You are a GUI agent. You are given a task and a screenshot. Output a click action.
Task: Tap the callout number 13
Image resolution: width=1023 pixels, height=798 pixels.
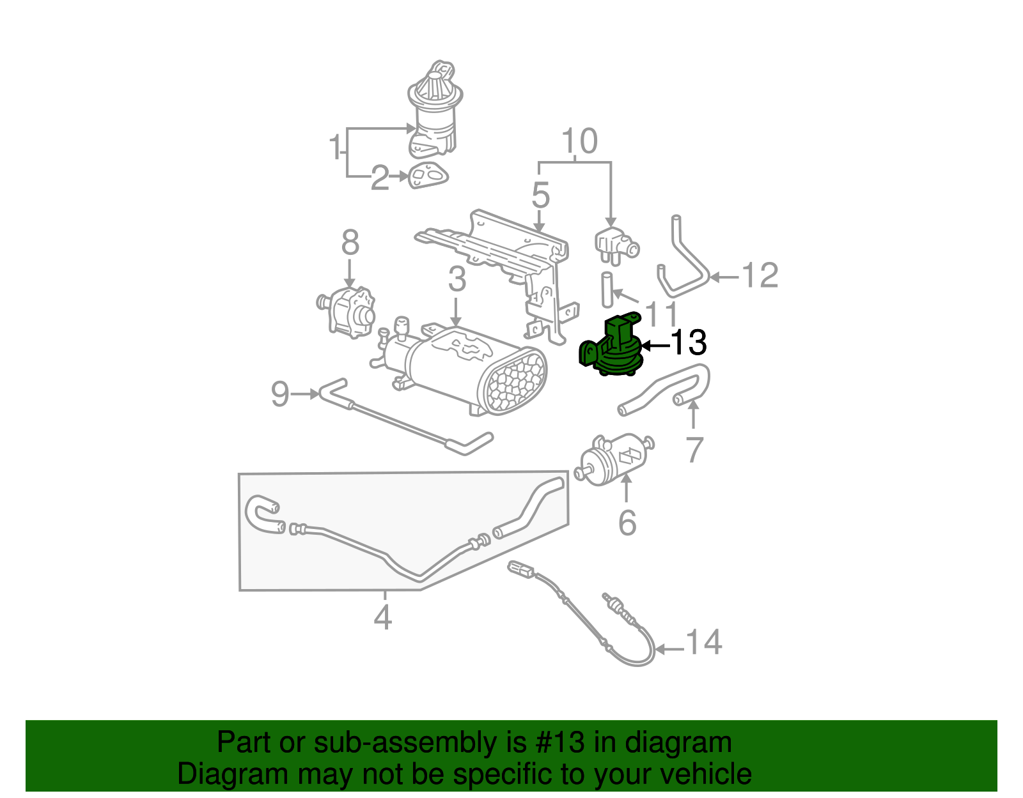tap(688, 343)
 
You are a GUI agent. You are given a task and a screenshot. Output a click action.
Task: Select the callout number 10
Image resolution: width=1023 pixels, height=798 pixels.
tap(579, 141)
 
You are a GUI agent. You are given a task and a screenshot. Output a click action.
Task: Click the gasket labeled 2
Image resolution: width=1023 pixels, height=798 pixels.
tap(427, 174)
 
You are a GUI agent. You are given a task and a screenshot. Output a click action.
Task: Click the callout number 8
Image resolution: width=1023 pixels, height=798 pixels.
tap(350, 243)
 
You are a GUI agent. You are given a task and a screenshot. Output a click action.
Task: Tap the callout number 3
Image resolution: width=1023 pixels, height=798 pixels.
tap(457, 279)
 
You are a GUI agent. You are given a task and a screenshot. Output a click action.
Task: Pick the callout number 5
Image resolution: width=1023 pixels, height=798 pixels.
tap(540, 195)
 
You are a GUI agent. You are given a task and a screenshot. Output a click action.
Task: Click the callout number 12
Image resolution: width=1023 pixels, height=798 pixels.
tap(760, 276)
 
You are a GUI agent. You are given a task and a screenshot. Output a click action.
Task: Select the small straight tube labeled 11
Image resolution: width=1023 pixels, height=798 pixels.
tap(606, 289)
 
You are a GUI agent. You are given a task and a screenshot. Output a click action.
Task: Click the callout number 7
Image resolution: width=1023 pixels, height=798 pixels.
tap(694, 450)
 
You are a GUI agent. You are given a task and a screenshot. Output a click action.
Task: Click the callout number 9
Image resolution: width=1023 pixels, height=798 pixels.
tap(280, 394)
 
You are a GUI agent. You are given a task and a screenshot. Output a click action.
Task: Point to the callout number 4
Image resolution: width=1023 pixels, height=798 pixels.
tap(382, 617)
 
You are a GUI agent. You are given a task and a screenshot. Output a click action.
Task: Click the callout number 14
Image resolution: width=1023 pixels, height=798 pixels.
tap(704, 643)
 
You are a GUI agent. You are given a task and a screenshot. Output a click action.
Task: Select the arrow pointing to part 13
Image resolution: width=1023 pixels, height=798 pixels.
tap(654, 346)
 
